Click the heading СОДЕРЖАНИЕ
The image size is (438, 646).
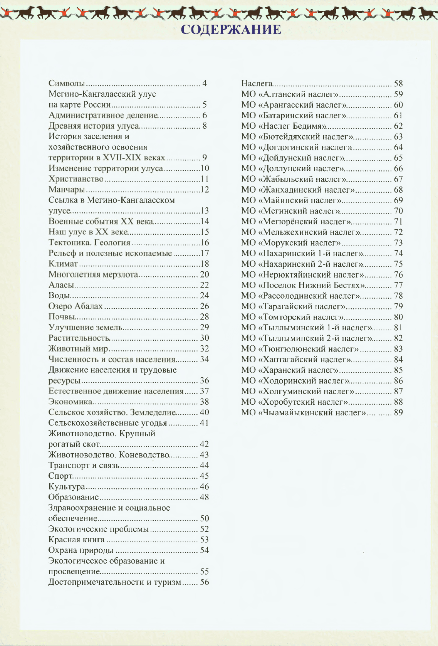(231, 30)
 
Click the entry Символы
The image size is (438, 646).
(67, 83)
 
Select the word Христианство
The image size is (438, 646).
(76, 179)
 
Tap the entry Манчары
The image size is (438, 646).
(66, 190)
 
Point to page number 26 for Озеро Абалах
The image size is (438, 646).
(204, 306)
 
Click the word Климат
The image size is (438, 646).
(63, 264)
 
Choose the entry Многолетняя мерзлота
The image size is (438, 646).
(93, 274)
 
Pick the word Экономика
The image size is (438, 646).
(70, 402)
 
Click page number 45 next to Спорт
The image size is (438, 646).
(204, 476)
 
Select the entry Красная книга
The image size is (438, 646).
(76, 540)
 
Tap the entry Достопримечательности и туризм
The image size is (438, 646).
(114, 582)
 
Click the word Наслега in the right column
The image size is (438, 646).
(257, 84)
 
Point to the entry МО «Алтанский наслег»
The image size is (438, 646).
(290, 94)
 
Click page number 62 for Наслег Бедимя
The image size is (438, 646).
(398, 126)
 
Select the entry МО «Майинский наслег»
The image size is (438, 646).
(291, 200)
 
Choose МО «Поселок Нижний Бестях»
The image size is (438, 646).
(303, 285)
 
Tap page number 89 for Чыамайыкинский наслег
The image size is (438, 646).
(398, 412)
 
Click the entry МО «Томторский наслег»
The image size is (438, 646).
(292, 317)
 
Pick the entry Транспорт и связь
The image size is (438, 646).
(84, 465)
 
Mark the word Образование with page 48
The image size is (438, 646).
(74, 497)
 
